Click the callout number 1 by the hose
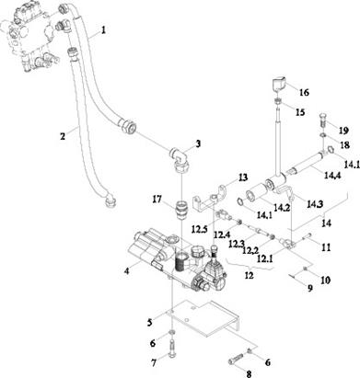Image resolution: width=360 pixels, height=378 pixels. tap(104, 30)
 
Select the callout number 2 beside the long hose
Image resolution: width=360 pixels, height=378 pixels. tap(63, 136)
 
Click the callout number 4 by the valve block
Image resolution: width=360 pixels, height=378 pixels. tap(127, 271)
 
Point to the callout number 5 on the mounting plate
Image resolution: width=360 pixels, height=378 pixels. tap(149, 323)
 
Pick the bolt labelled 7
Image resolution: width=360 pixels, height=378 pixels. tap(172, 349)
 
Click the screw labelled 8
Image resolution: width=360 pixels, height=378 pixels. tap(237, 360)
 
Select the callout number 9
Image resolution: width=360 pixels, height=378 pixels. tap(310, 288)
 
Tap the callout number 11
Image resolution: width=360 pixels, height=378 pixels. tap(326, 247)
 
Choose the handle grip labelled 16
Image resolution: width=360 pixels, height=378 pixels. tap(279, 85)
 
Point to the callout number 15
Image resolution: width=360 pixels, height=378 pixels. tap(300, 112)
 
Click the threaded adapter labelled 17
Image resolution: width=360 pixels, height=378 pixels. tap(182, 210)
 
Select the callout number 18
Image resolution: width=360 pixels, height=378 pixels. tap(345, 144)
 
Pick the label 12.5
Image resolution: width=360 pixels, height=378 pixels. tap(201, 229)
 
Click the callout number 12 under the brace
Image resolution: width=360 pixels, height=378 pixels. tap(250, 276)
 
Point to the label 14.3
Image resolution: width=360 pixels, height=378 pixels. tap(316, 204)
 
